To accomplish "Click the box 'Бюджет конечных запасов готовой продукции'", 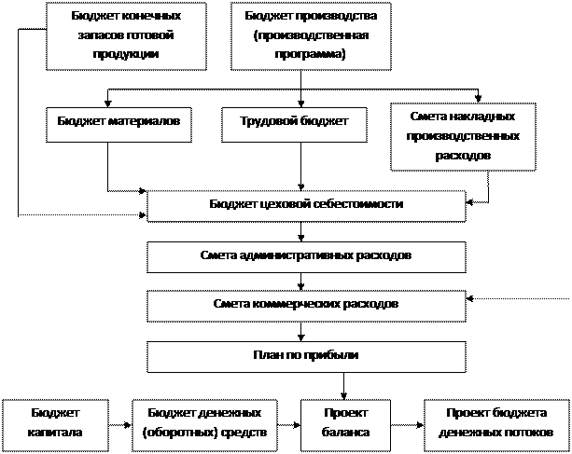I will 126,35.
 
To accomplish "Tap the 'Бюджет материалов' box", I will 119,122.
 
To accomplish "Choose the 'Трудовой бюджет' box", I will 294,122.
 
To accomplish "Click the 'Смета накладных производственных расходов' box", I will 462,137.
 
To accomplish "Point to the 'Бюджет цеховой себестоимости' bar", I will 306,204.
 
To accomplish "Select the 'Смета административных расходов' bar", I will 306,255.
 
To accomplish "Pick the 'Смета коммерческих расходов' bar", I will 306,304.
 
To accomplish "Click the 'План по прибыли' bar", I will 306,354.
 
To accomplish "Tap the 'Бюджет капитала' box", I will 56,422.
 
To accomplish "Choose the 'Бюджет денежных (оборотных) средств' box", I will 204,422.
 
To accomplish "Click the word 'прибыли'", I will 338,354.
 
